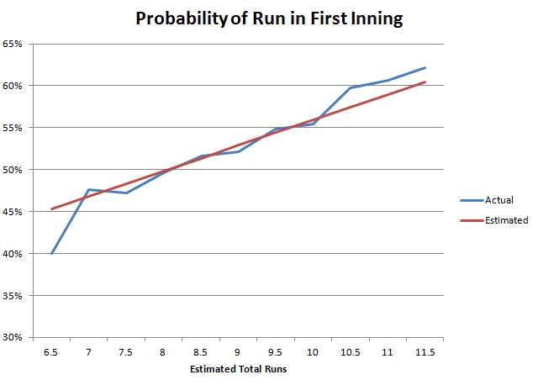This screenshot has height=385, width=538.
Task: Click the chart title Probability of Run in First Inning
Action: [267, 18]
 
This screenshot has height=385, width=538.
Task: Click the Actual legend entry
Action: [498, 200]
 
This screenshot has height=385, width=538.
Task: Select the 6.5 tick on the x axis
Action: [51, 351]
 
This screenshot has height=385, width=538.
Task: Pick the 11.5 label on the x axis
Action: [425, 351]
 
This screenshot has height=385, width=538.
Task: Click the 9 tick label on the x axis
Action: [239, 351]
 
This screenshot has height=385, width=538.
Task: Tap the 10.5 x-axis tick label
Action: [351, 351]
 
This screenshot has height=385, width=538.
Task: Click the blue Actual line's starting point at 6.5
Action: [51, 253]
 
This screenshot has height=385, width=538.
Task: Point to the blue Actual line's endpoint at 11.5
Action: [425, 67]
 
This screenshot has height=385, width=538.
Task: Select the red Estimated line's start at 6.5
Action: [51, 208]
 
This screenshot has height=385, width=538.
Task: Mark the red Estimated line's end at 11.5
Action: [425, 82]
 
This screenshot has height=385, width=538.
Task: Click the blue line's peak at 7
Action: [88, 189]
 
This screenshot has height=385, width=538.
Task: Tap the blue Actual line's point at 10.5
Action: [351, 87]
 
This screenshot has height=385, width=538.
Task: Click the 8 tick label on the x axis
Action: [164, 351]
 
